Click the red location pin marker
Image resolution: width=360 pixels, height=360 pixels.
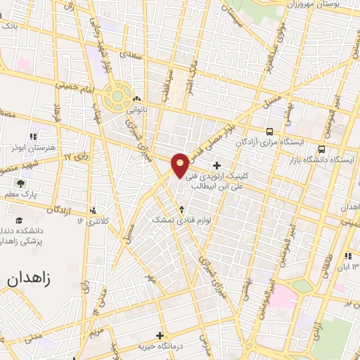181,165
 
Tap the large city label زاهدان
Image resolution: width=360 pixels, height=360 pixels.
31,278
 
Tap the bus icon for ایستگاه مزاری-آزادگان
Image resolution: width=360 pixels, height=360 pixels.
269,131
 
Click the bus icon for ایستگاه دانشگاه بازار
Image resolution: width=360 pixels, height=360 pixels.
321,149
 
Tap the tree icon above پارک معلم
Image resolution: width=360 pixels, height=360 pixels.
19,183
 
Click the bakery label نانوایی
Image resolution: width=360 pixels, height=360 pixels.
136,110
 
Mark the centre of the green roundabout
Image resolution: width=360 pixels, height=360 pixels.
117,96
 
